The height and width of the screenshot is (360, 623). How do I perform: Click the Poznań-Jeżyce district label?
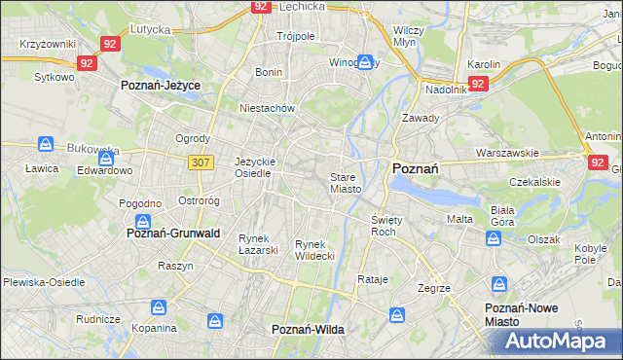tap(161, 86)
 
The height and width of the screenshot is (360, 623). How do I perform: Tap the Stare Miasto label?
tap(346, 183)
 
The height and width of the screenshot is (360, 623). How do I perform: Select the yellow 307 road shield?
tap(202, 162)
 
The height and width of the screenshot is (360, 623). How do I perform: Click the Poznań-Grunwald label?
tap(174, 234)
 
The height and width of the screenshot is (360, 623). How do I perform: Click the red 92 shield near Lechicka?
tap(260, 6)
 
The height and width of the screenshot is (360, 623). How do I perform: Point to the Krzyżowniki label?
tap(47, 45)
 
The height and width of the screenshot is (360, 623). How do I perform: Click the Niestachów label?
tap(267, 109)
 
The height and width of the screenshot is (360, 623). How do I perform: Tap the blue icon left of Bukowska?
tap(46, 144)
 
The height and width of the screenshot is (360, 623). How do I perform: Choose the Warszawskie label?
tap(507, 154)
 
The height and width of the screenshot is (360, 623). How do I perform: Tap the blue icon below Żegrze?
tap(499, 285)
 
